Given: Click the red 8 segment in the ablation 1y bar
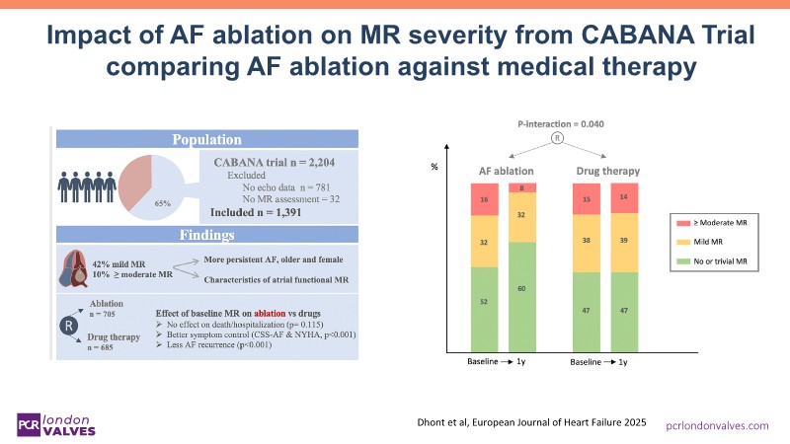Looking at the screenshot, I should (x=521, y=187).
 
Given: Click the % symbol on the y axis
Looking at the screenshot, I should (x=434, y=166).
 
